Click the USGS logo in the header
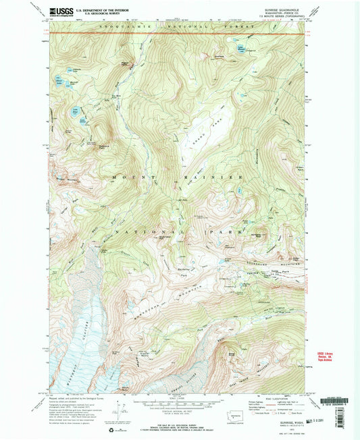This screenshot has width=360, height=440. click(x=59, y=11)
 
